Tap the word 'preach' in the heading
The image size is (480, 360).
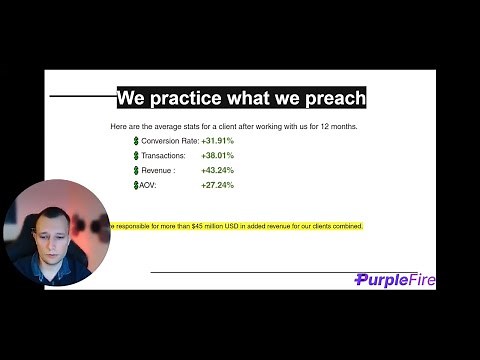335,98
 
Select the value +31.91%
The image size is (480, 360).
218,142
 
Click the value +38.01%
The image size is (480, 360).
217,156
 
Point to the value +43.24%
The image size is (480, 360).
217,171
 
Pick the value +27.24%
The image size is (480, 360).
217,185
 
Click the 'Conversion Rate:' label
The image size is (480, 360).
169,142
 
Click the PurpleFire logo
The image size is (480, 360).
395,280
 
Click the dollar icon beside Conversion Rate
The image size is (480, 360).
136,142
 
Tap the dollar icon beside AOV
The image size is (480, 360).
136,185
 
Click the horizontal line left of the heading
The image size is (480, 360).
82,97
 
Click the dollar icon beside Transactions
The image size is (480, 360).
136,156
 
